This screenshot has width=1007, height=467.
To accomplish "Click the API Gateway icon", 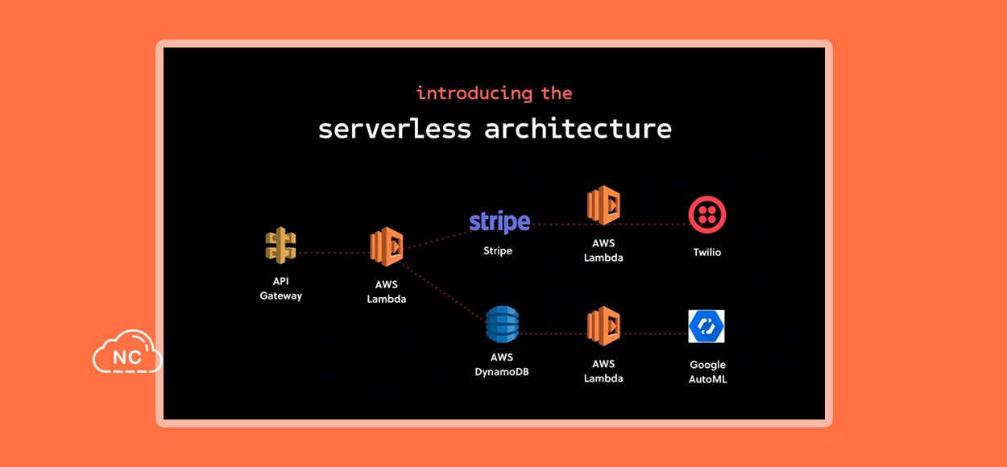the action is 280,245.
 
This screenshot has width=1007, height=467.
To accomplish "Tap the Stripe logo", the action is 499,222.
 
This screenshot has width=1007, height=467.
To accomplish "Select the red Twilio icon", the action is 707,214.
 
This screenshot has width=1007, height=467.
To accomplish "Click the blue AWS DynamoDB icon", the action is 502,324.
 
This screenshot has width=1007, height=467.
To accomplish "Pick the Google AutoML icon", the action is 707,326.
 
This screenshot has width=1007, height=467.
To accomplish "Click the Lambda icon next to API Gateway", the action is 387,246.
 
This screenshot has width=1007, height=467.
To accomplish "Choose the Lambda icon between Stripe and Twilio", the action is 603,205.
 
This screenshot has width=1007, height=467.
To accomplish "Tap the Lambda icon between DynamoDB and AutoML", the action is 603,326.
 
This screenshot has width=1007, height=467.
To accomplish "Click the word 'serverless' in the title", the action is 395,129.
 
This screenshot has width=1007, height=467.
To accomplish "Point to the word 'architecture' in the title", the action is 578,129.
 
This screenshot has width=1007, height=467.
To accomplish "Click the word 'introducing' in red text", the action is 474,93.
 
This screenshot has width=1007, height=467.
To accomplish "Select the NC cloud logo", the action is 127,352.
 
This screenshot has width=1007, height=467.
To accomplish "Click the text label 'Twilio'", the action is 707,252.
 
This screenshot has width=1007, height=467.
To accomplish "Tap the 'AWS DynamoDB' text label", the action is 502,365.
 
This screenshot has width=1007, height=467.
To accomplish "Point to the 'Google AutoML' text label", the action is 707,372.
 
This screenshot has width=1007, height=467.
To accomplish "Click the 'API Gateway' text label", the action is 281,288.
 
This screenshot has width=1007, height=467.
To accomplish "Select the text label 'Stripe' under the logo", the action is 498,250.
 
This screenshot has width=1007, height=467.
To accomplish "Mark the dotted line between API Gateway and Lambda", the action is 334,253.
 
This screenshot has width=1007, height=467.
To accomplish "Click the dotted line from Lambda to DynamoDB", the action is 443,291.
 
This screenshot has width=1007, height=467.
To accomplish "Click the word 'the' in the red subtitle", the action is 557,93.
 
